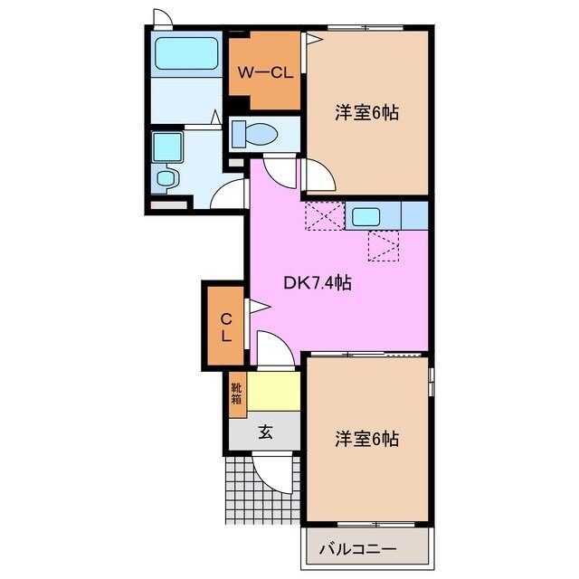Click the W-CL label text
tap(264, 72)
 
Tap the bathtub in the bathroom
tap(187, 54)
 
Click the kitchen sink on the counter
tap(367, 216)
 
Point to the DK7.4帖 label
tap(318, 283)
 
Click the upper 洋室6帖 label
tap(366, 114)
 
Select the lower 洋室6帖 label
tap(366, 439)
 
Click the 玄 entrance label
tap(265, 432)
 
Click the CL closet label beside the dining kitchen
tap(226, 326)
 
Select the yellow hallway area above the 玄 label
tap(274, 391)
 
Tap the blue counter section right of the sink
tap(413, 216)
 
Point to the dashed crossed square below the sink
tap(384, 245)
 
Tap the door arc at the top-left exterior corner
tap(162, 17)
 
